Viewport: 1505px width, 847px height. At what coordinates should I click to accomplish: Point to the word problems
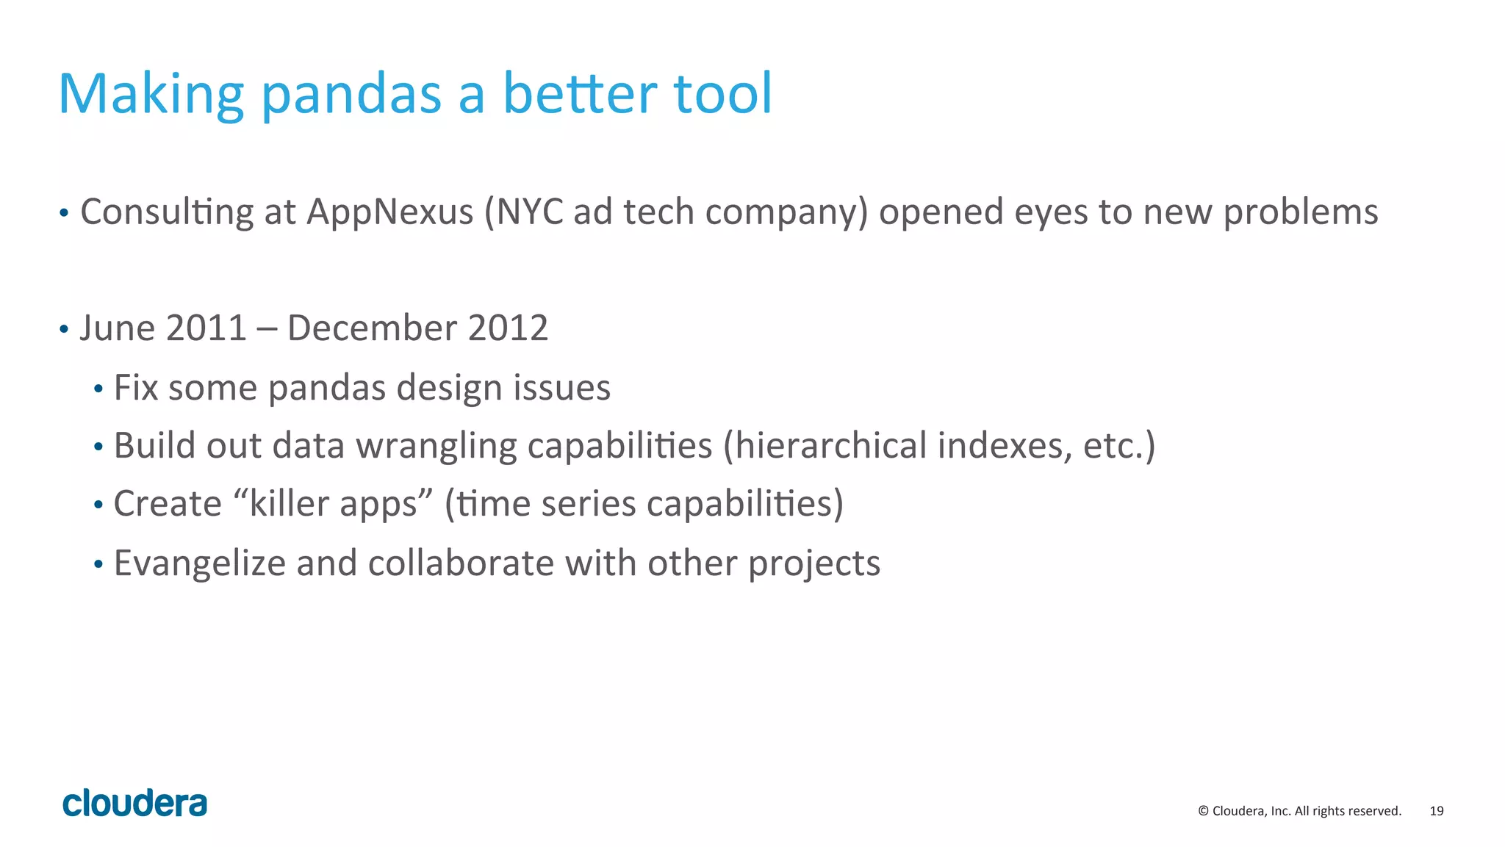[x=1300, y=213]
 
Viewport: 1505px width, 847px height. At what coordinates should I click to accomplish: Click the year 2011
[x=206, y=328]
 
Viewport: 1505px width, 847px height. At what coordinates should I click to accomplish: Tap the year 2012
[x=508, y=328]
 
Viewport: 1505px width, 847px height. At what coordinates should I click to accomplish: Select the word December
[x=372, y=328]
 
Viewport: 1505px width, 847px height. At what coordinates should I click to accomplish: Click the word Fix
[x=136, y=387]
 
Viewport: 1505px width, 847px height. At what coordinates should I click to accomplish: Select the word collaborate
[x=461, y=563]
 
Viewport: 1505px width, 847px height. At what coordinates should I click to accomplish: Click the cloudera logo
[x=135, y=803]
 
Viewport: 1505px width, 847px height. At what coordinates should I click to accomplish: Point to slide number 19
[x=1437, y=811]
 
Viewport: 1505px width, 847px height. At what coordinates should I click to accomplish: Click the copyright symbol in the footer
[x=1204, y=811]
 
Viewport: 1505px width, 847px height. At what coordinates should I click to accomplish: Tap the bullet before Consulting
[x=64, y=214]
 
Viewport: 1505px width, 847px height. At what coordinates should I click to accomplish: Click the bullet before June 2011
[x=64, y=329]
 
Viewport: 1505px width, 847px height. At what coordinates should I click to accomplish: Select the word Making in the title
[x=151, y=95]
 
